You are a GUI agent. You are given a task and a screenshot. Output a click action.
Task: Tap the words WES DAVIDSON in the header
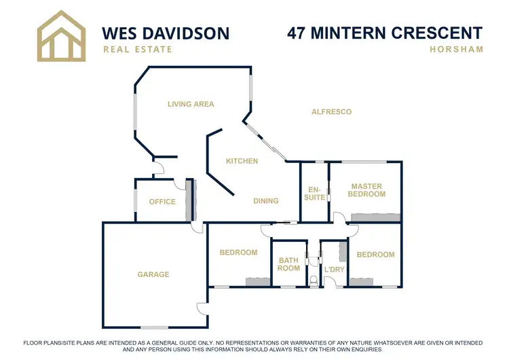[165, 33]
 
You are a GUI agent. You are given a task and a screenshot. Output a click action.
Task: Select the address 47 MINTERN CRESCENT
[385, 33]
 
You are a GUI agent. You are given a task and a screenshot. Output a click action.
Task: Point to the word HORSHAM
[456, 49]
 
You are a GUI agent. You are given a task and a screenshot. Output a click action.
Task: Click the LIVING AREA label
[191, 104]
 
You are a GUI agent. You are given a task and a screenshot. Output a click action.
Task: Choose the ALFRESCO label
[331, 111]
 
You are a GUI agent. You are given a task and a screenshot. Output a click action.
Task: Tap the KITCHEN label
[242, 161]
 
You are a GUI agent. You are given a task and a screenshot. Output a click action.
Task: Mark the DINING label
[266, 200]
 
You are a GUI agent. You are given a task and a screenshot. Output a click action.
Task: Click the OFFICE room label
[162, 201]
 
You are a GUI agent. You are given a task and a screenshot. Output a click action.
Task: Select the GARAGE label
[153, 274]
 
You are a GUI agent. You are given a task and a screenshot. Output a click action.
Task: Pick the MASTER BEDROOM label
[366, 190]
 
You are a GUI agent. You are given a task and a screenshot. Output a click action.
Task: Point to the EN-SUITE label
[314, 193]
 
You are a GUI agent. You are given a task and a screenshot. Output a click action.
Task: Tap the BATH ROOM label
[289, 264]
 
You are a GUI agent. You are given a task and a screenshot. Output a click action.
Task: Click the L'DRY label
[335, 270]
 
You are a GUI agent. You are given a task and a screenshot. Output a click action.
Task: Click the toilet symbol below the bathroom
[314, 280]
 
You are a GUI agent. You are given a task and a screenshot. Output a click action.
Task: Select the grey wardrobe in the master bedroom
[375, 217]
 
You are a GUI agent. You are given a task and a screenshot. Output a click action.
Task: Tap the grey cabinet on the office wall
[191, 200]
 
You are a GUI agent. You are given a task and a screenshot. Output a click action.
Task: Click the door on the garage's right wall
[202, 308]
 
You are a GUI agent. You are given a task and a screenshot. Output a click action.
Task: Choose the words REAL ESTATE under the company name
[137, 49]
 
